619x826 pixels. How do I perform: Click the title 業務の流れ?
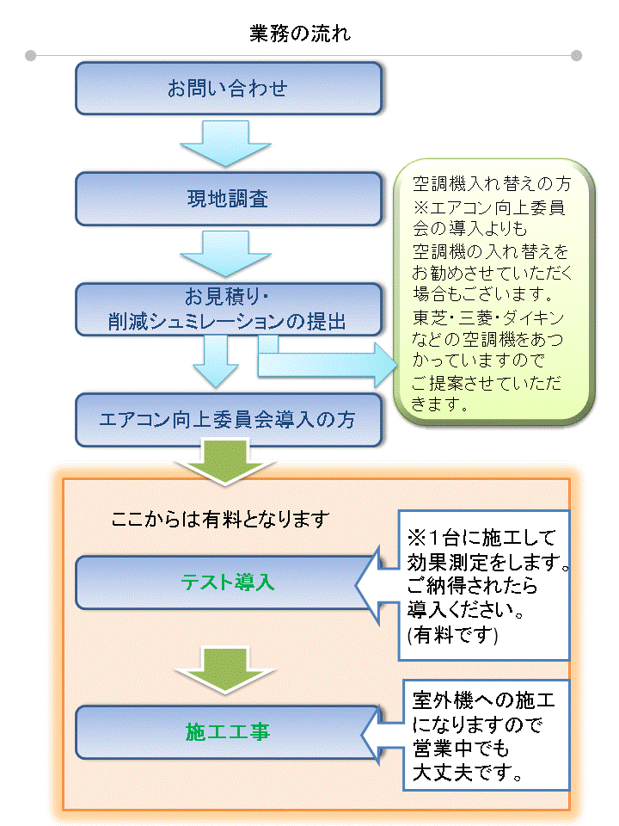[300, 34]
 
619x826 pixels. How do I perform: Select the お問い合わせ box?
[228, 88]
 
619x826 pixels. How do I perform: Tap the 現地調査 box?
[228, 200]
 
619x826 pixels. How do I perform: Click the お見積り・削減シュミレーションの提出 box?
[228, 311]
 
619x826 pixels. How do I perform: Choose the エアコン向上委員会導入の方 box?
[228, 421]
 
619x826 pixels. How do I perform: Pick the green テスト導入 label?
[228, 582]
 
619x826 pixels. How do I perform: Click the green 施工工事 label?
[228, 731]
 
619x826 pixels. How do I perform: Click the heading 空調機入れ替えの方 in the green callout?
[490, 185]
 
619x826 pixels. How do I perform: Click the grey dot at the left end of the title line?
[31, 56]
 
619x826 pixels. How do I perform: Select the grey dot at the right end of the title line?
[577, 56]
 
